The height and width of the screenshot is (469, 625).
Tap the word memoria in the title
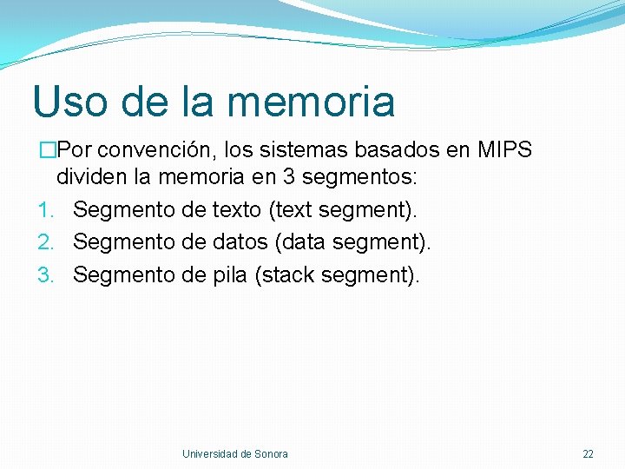click(311, 102)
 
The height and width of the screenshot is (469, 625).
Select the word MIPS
click(504, 150)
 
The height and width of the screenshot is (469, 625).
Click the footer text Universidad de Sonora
click(235, 453)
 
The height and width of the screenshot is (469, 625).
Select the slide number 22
click(588, 453)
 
